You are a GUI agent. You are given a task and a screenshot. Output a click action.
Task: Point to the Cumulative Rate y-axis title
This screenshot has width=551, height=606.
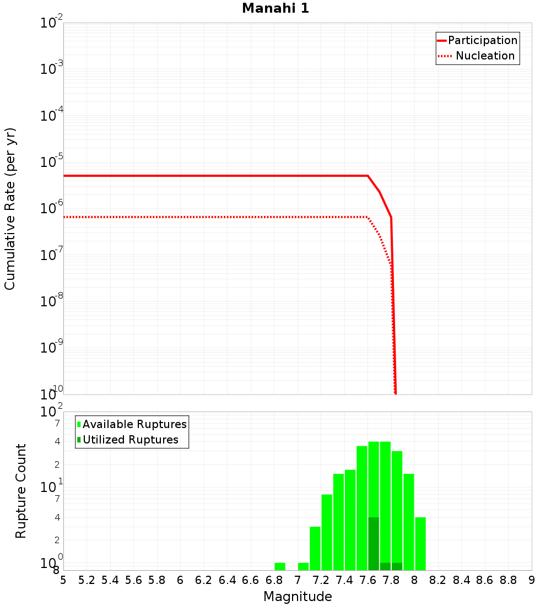click(x=10, y=209)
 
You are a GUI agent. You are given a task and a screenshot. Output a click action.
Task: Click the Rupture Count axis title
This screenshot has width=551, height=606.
click(x=21, y=491)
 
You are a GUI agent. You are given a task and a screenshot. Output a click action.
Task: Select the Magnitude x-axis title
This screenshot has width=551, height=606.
click(x=298, y=597)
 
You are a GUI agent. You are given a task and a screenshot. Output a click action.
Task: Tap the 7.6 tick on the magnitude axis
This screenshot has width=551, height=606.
click(x=368, y=580)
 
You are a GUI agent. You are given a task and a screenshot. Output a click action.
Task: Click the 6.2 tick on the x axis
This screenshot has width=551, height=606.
click(x=204, y=580)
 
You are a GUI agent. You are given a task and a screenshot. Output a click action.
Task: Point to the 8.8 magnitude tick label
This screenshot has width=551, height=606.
click(x=508, y=580)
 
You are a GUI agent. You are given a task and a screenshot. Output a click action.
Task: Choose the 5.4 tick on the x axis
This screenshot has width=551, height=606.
click(x=110, y=580)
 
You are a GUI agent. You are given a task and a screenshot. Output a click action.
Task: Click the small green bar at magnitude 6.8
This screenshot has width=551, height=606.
click(x=280, y=566)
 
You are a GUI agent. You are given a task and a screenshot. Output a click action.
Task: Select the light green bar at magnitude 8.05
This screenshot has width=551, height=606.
click(x=420, y=544)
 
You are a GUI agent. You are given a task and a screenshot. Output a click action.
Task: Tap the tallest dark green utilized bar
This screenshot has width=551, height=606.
click(x=374, y=544)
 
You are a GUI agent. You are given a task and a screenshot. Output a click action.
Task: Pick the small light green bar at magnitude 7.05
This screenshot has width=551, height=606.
click(x=303, y=566)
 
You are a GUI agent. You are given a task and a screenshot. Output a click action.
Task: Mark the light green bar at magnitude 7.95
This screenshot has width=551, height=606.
click(x=409, y=522)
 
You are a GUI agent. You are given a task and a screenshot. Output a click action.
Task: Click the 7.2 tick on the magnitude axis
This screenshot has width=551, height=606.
click(x=321, y=580)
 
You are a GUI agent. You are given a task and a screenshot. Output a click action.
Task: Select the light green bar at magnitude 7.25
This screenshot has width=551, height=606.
click(x=327, y=532)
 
